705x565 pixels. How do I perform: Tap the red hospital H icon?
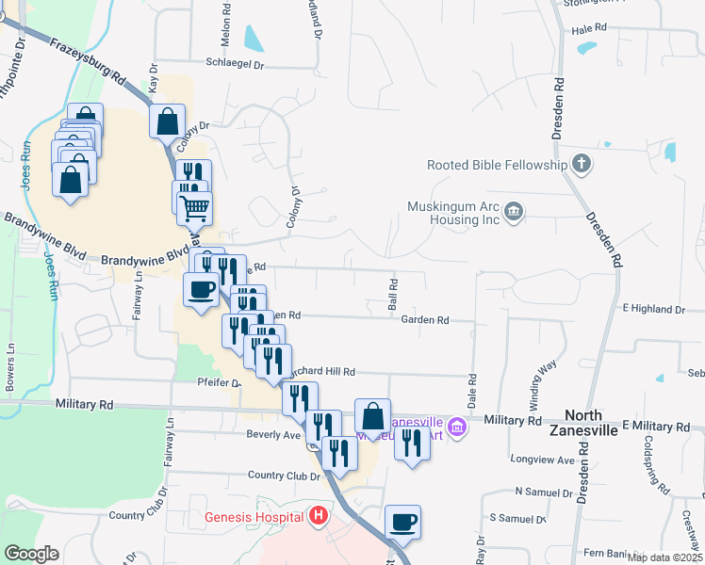click(319, 516)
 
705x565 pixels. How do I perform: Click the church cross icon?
click(582, 165)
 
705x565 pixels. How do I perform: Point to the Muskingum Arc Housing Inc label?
click(451, 213)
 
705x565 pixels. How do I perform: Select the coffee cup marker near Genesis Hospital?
click(403, 521)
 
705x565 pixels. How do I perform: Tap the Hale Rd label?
click(589, 30)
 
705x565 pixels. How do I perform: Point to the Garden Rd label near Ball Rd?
click(424, 320)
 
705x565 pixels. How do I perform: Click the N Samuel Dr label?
click(544, 492)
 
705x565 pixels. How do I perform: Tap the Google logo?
click(31, 553)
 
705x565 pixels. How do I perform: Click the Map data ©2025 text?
click(664, 557)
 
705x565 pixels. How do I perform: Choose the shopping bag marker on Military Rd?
click(373, 414)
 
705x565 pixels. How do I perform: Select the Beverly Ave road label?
click(273, 435)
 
